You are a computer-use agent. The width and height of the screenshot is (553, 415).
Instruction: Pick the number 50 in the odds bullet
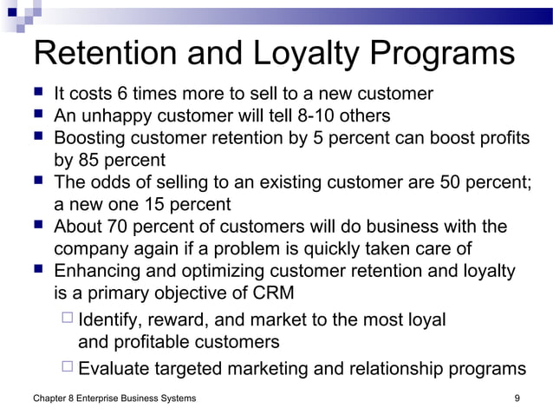click(x=428, y=183)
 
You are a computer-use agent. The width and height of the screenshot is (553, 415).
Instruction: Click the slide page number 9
click(x=517, y=399)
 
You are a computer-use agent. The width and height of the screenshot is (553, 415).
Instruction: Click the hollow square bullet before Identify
click(x=68, y=319)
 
